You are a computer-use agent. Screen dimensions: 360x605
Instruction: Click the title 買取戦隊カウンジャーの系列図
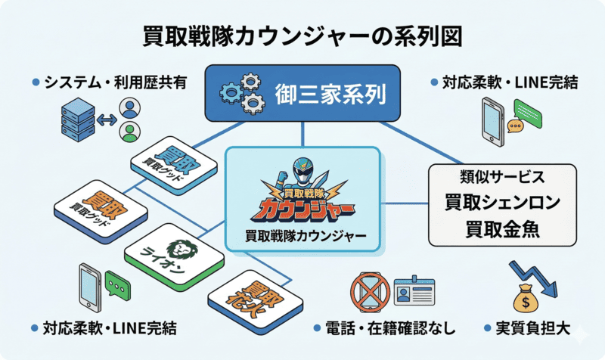tap(302, 36)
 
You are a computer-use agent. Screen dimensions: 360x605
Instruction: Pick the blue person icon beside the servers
tap(131, 107)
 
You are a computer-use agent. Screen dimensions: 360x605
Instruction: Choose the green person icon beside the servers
tap(131, 133)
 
